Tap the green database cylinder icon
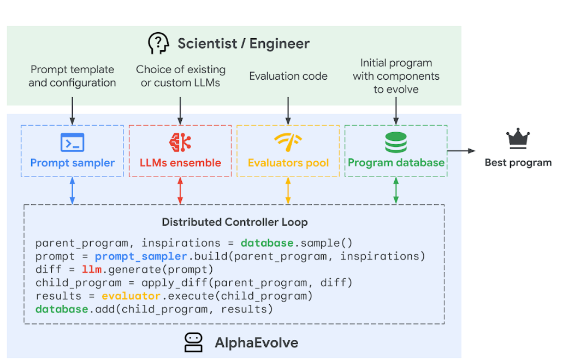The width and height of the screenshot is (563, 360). coord(396,143)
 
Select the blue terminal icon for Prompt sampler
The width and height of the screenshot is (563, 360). coord(72,143)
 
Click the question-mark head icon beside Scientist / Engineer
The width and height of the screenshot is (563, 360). coord(158,43)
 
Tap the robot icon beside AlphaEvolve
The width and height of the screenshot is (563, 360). coord(193,343)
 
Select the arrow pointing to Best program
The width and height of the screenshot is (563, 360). coord(461,150)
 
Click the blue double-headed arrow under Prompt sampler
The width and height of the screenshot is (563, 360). coord(72,191)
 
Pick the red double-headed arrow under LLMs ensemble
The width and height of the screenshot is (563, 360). coord(180,191)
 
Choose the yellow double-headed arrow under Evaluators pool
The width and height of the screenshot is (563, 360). coord(288,191)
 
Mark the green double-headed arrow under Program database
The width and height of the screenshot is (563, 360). coord(396,191)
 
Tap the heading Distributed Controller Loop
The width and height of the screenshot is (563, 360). coord(235,222)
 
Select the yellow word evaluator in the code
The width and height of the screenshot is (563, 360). coord(131,296)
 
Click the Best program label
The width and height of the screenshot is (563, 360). coord(518,162)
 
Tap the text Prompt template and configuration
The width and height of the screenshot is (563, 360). coord(72,76)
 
